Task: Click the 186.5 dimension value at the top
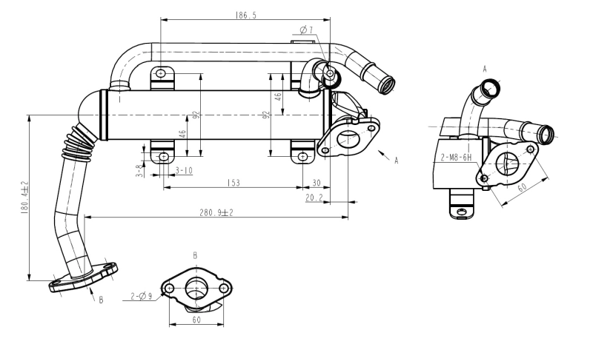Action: click(x=246, y=14)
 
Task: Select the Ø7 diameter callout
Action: click(x=306, y=30)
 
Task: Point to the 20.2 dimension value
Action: click(x=314, y=198)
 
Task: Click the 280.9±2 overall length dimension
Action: click(x=215, y=212)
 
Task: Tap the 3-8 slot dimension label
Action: click(x=139, y=169)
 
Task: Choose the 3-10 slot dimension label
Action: click(x=183, y=171)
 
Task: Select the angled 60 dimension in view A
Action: click(x=523, y=187)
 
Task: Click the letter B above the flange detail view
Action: click(x=195, y=255)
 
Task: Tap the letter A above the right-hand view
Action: click(x=485, y=68)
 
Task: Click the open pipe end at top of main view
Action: click(x=388, y=84)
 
